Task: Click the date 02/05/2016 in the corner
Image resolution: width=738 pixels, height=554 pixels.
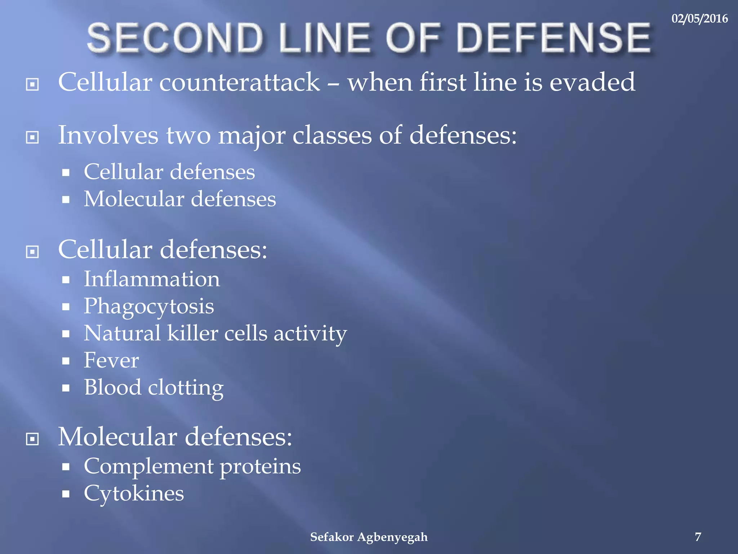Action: (699, 18)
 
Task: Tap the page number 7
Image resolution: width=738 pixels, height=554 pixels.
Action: (698, 537)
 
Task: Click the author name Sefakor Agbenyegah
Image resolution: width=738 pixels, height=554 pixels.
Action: (369, 537)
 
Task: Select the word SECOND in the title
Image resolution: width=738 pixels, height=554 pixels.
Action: (175, 38)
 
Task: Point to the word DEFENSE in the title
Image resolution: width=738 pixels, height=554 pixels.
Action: (553, 38)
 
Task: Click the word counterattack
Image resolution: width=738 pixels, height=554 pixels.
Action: (239, 82)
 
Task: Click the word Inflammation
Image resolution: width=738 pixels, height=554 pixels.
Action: (152, 279)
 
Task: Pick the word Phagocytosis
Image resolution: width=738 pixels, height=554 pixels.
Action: (149, 307)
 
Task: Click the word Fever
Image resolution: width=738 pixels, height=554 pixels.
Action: (111, 360)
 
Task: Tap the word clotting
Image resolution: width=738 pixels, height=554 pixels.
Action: (186, 388)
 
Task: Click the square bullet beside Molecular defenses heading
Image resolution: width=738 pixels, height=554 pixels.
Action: (32, 439)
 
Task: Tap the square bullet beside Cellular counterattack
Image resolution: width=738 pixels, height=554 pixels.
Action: (32, 85)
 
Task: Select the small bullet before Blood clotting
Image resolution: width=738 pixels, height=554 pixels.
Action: (66, 388)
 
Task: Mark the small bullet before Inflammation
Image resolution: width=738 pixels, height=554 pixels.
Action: (66, 280)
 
